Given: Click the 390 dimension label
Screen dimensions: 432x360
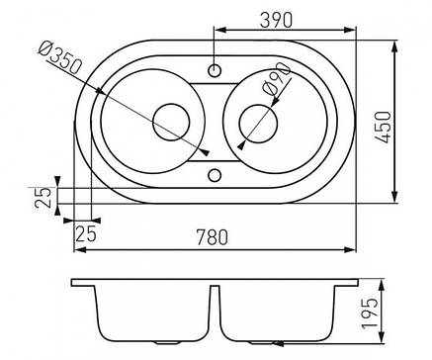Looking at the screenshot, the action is tap(276, 21).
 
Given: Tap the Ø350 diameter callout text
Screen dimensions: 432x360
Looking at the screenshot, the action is tap(59, 57).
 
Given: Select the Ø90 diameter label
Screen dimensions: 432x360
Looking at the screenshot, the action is tap(276, 79).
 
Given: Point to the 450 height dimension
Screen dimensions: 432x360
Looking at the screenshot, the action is tap(384, 127).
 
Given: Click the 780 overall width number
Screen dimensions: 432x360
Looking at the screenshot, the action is tap(212, 237).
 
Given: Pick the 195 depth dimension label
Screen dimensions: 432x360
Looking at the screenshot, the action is tap(370, 314).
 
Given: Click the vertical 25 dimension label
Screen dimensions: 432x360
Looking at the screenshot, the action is tap(43, 197).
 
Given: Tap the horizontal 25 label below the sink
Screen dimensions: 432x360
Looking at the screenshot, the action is tap(86, 233).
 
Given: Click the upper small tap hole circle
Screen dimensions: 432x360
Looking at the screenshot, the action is tap(215, 70).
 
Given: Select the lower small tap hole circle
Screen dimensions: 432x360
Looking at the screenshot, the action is tap(215, 175).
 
